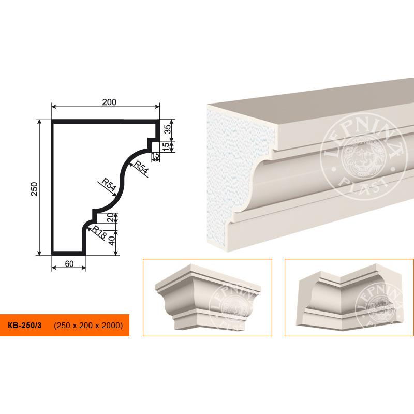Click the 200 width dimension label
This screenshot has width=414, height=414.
click(109, 102)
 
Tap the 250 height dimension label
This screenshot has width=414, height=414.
click(35, 189)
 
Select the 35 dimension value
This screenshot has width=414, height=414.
click(168, 129)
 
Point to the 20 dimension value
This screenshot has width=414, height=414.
click(111, 217)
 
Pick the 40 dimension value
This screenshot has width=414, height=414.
click(112, 241)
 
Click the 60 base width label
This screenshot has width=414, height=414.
click(69, 264)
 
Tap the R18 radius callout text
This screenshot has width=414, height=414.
click(99, 232)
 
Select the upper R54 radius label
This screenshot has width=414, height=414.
click(141, 167)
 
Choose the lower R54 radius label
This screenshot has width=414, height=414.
click(109, 184)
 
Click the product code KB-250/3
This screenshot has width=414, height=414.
click(25, 325)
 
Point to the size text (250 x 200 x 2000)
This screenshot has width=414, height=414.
click(88, 325)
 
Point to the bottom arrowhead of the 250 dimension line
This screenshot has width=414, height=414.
click(39, 253)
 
